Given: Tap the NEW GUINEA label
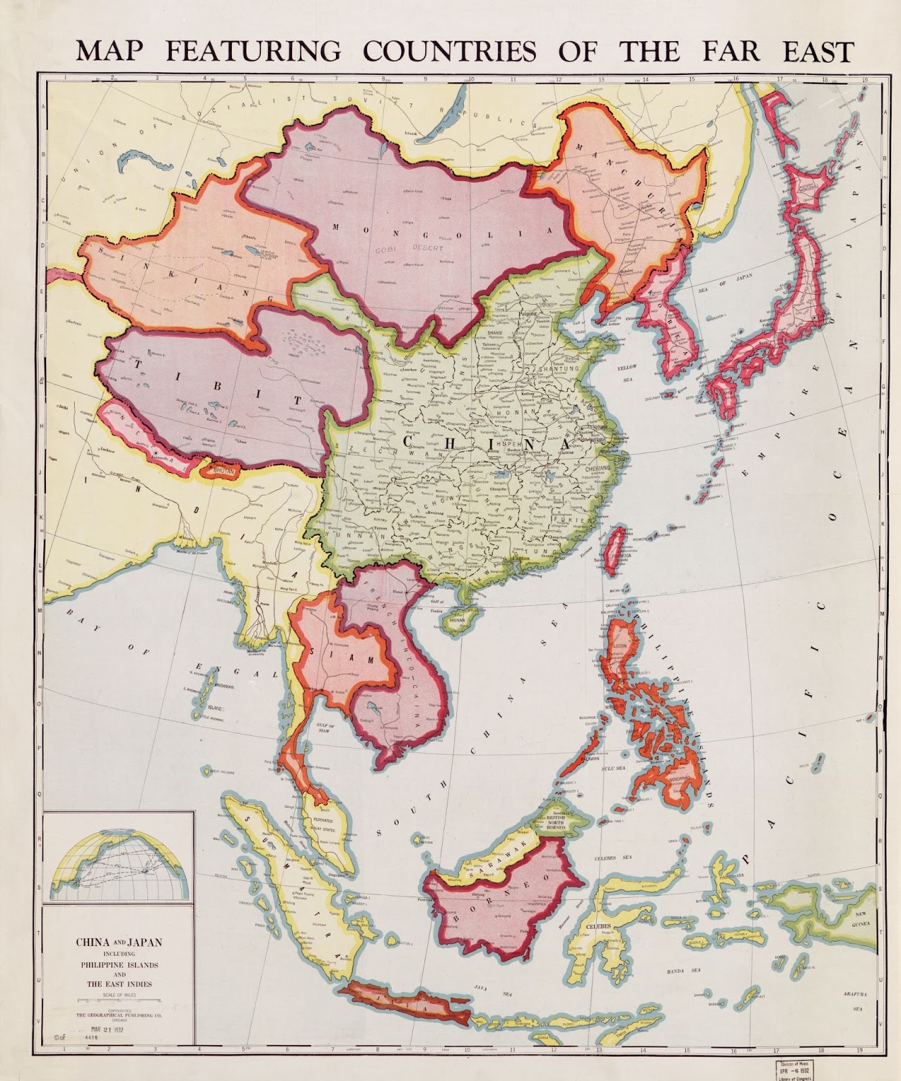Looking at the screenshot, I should click(x=862, y=919).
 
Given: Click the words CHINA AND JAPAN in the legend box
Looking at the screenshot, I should click(x=118, y=941).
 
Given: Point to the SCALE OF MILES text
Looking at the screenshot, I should click(x=118, y=995).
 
